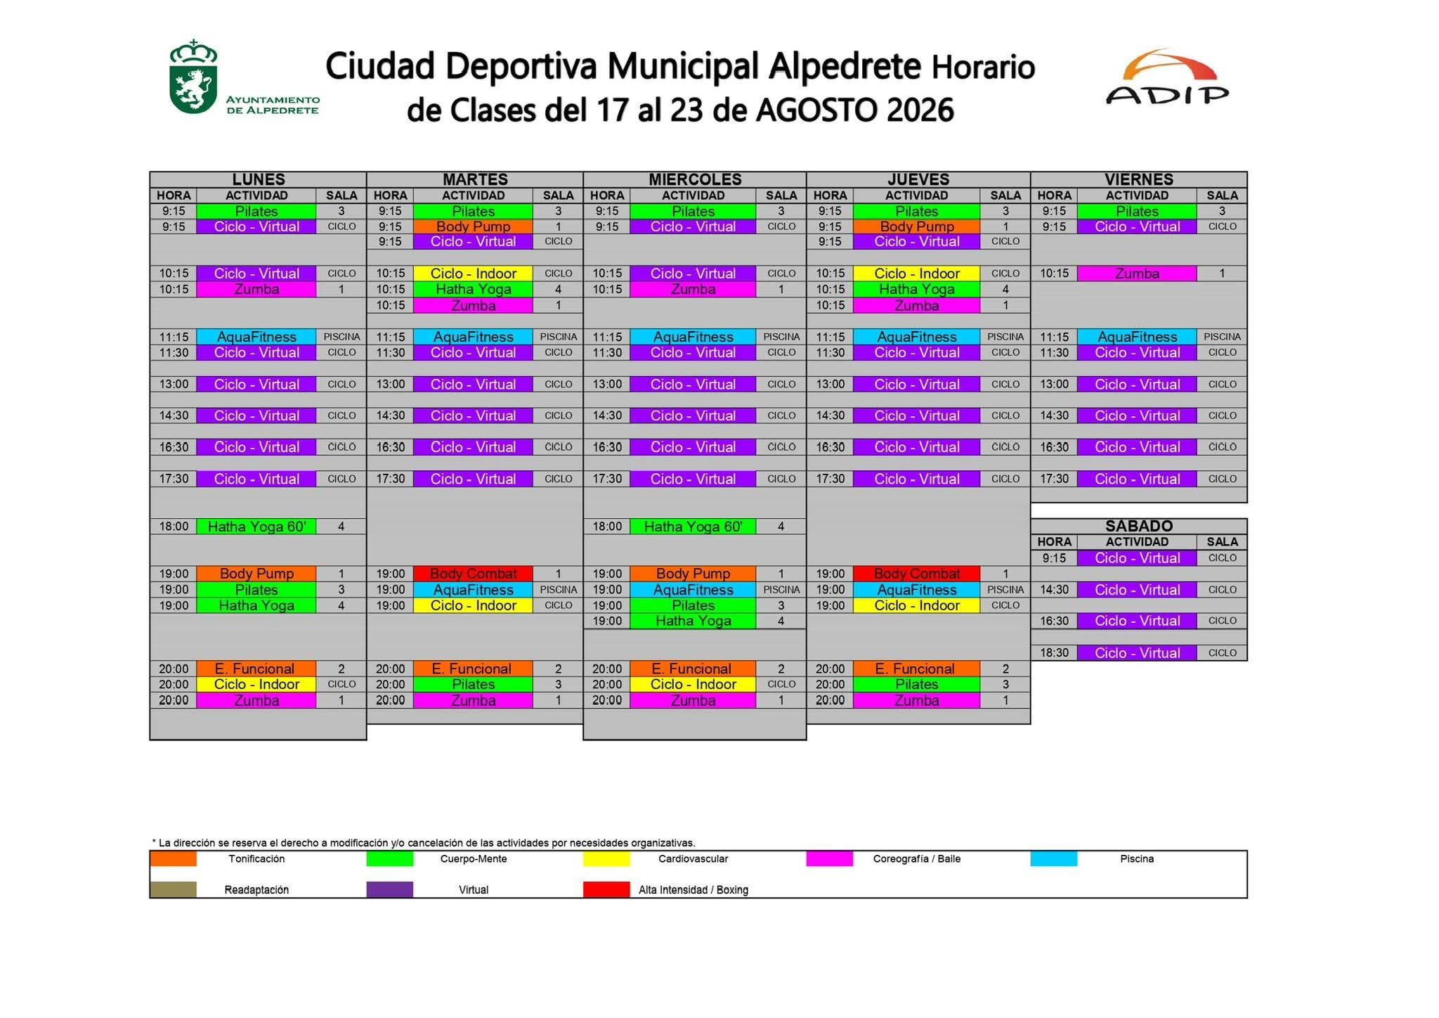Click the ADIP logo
click(x=1168, y=77)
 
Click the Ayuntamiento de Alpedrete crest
click(x=193, y=77)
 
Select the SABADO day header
click(x=1139, y=526)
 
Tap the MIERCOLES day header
click(x=695, y=179)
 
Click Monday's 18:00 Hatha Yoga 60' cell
click(x=256, y=527)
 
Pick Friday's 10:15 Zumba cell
click(x=1137, y=273)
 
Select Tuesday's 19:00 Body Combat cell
click(x=473, y=574)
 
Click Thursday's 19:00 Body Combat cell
click(x=916, y=574)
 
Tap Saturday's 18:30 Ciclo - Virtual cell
click(x=1137, y=653)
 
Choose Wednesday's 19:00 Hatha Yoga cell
click(x=693, y=621)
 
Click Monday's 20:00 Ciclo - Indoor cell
click(x=256, y=684)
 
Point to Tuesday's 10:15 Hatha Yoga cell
click(x=473, y=289)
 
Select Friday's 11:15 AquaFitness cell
click(x=1137, y=337)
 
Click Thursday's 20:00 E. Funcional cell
click(x=916, y=669)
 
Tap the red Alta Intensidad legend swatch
click(x=606, y=889)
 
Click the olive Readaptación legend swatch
click(x=173, y=889)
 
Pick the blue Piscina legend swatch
click(x=1054, y=858)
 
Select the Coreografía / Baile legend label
click(x=916, y=858)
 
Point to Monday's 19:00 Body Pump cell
click(x=256, y=574)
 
